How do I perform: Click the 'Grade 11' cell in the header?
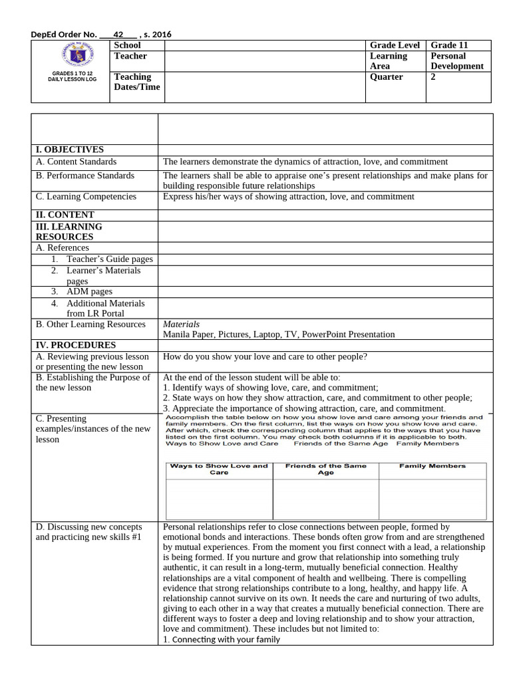coord(449,45)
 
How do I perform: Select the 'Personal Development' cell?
coord(457,61)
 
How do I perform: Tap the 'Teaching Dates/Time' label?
coord(137,82)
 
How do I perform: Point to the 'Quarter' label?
coord(387,77)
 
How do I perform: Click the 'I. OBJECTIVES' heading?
coord(69,150)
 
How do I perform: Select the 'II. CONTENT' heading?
coord(65,215)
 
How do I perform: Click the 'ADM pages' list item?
coord(89,291)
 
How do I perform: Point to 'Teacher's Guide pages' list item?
coord(109,259)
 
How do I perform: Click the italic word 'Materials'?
coord(181,325)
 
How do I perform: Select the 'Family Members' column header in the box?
coord(432,466)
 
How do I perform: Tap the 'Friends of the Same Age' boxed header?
coord(325,470)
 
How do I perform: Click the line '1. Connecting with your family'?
coord(222,640)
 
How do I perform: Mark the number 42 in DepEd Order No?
coord(119,35)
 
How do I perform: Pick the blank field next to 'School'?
coord(265,45)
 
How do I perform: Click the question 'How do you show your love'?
coord(265,357)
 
